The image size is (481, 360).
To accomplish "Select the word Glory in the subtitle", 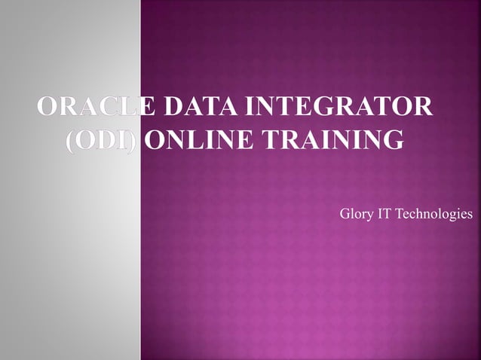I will pos(357,215).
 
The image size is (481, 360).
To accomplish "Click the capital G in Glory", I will pos(346,215).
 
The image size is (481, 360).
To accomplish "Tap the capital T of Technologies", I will pos(400,215).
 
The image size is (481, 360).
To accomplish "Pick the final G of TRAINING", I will pos(393,140).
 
